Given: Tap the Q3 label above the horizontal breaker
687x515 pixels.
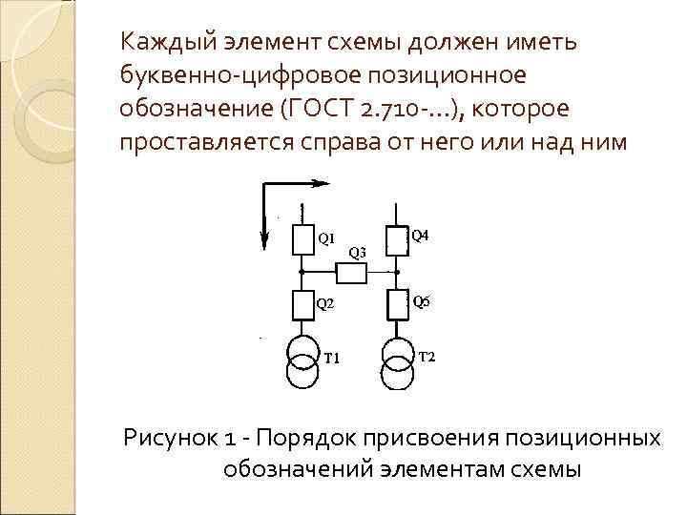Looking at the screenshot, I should [357, 253].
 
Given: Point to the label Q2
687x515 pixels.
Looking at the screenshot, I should [325, 304].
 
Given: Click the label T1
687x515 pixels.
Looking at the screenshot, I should [333, 358].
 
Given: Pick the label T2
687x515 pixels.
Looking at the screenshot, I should [427, 357].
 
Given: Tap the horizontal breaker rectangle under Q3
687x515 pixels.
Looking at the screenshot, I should [351, 274].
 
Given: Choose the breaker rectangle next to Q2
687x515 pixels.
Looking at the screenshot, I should [302, 305].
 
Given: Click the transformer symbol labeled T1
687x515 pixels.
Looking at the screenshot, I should [302, 363].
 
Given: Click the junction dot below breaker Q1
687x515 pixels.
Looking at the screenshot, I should [302, 272].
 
